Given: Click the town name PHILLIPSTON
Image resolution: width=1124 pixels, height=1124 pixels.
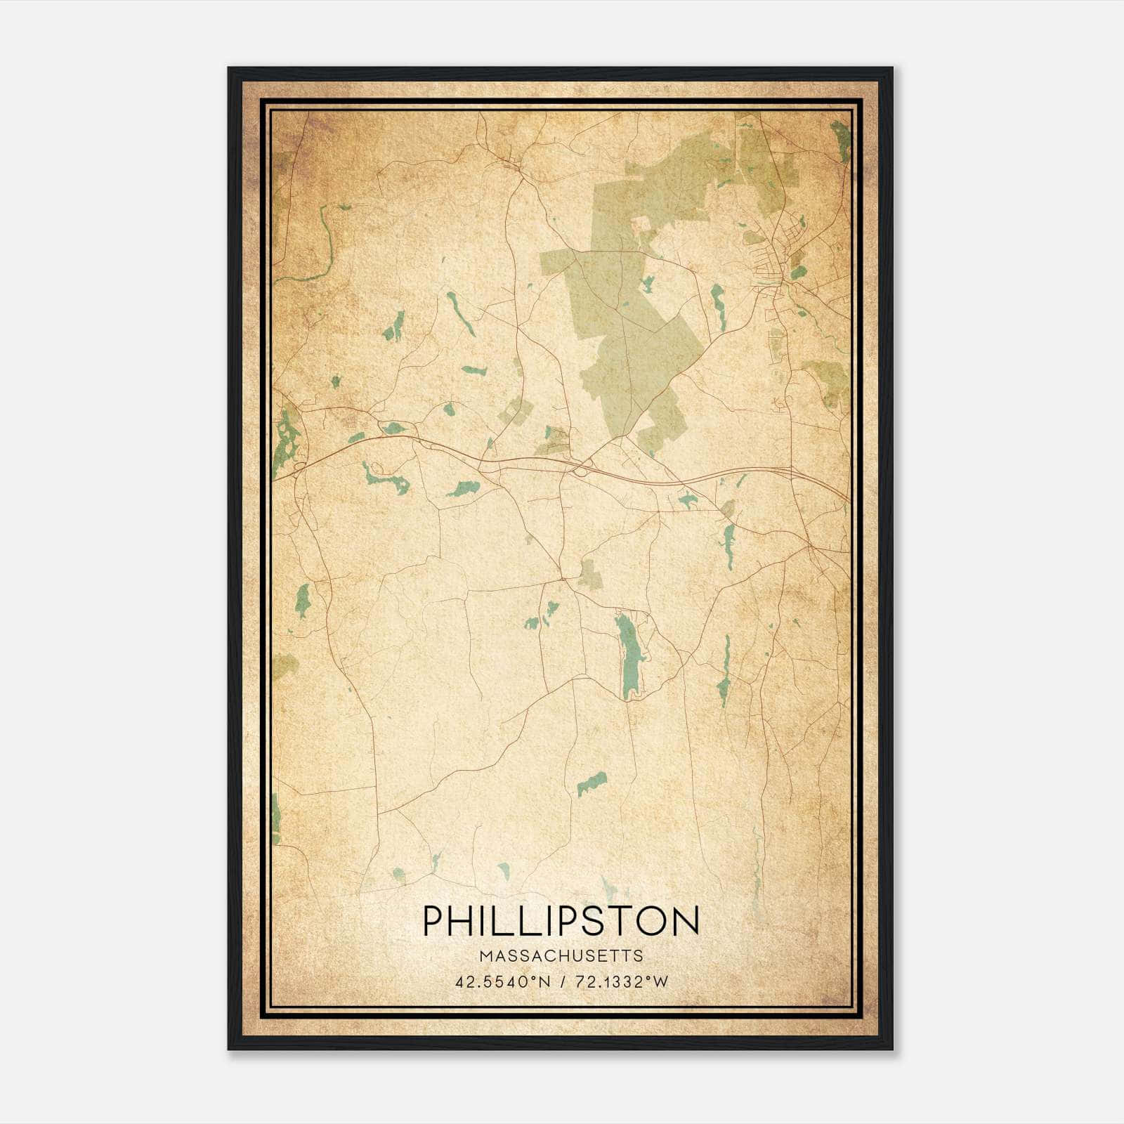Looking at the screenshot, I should [x=561, y=921].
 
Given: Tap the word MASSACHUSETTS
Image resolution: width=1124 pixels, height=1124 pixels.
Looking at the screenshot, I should [x=561, y=956].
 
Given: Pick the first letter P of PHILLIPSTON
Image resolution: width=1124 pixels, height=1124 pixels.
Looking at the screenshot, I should [x=433, y=921].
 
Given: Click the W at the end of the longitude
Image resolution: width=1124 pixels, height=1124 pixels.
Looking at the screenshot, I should [x=660, y=982].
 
